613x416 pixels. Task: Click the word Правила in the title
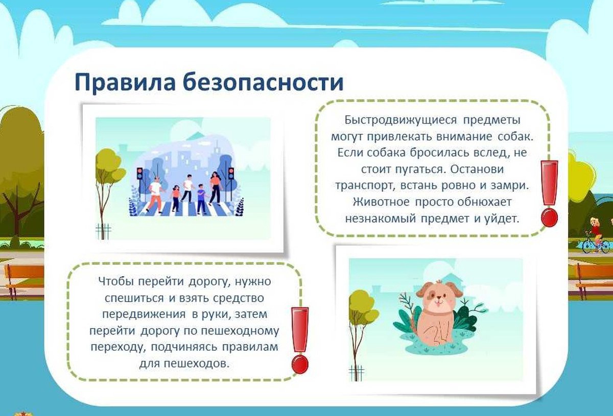pyautogui.click(x=125, y=82)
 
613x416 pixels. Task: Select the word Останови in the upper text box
pyautogui.click(x=477, y=169)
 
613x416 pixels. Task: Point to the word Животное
pyautogui.click(x=381, y=202)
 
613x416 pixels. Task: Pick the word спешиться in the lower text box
pyautogui.click(x=134, y=298)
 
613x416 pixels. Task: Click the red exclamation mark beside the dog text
pyautogui.click(x=549, y=193)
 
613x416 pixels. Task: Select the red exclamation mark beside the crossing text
pyautogui.click(x=300, y=340)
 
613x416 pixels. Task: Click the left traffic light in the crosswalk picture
pyautogui.click(x=140, y=174)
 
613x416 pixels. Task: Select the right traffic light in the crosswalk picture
pyautogui.click(x=231, y=174)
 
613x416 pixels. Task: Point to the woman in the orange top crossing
pyautogui.click(x=215, y=189)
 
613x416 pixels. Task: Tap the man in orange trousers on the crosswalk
pyautogui.click(x=155, y=194)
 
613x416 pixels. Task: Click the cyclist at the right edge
pyautogui.click(x=596, y=236)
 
